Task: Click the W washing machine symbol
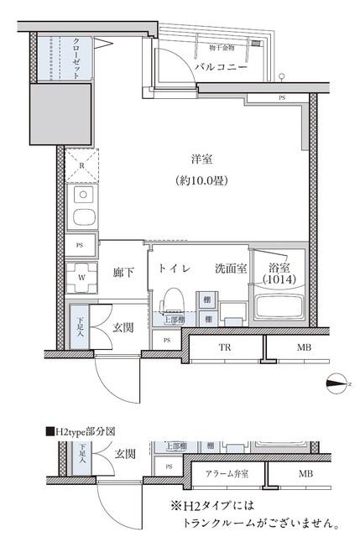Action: tap(81, 276)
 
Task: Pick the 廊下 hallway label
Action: tap(124, 272)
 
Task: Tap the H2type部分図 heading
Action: tap(81, 432)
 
